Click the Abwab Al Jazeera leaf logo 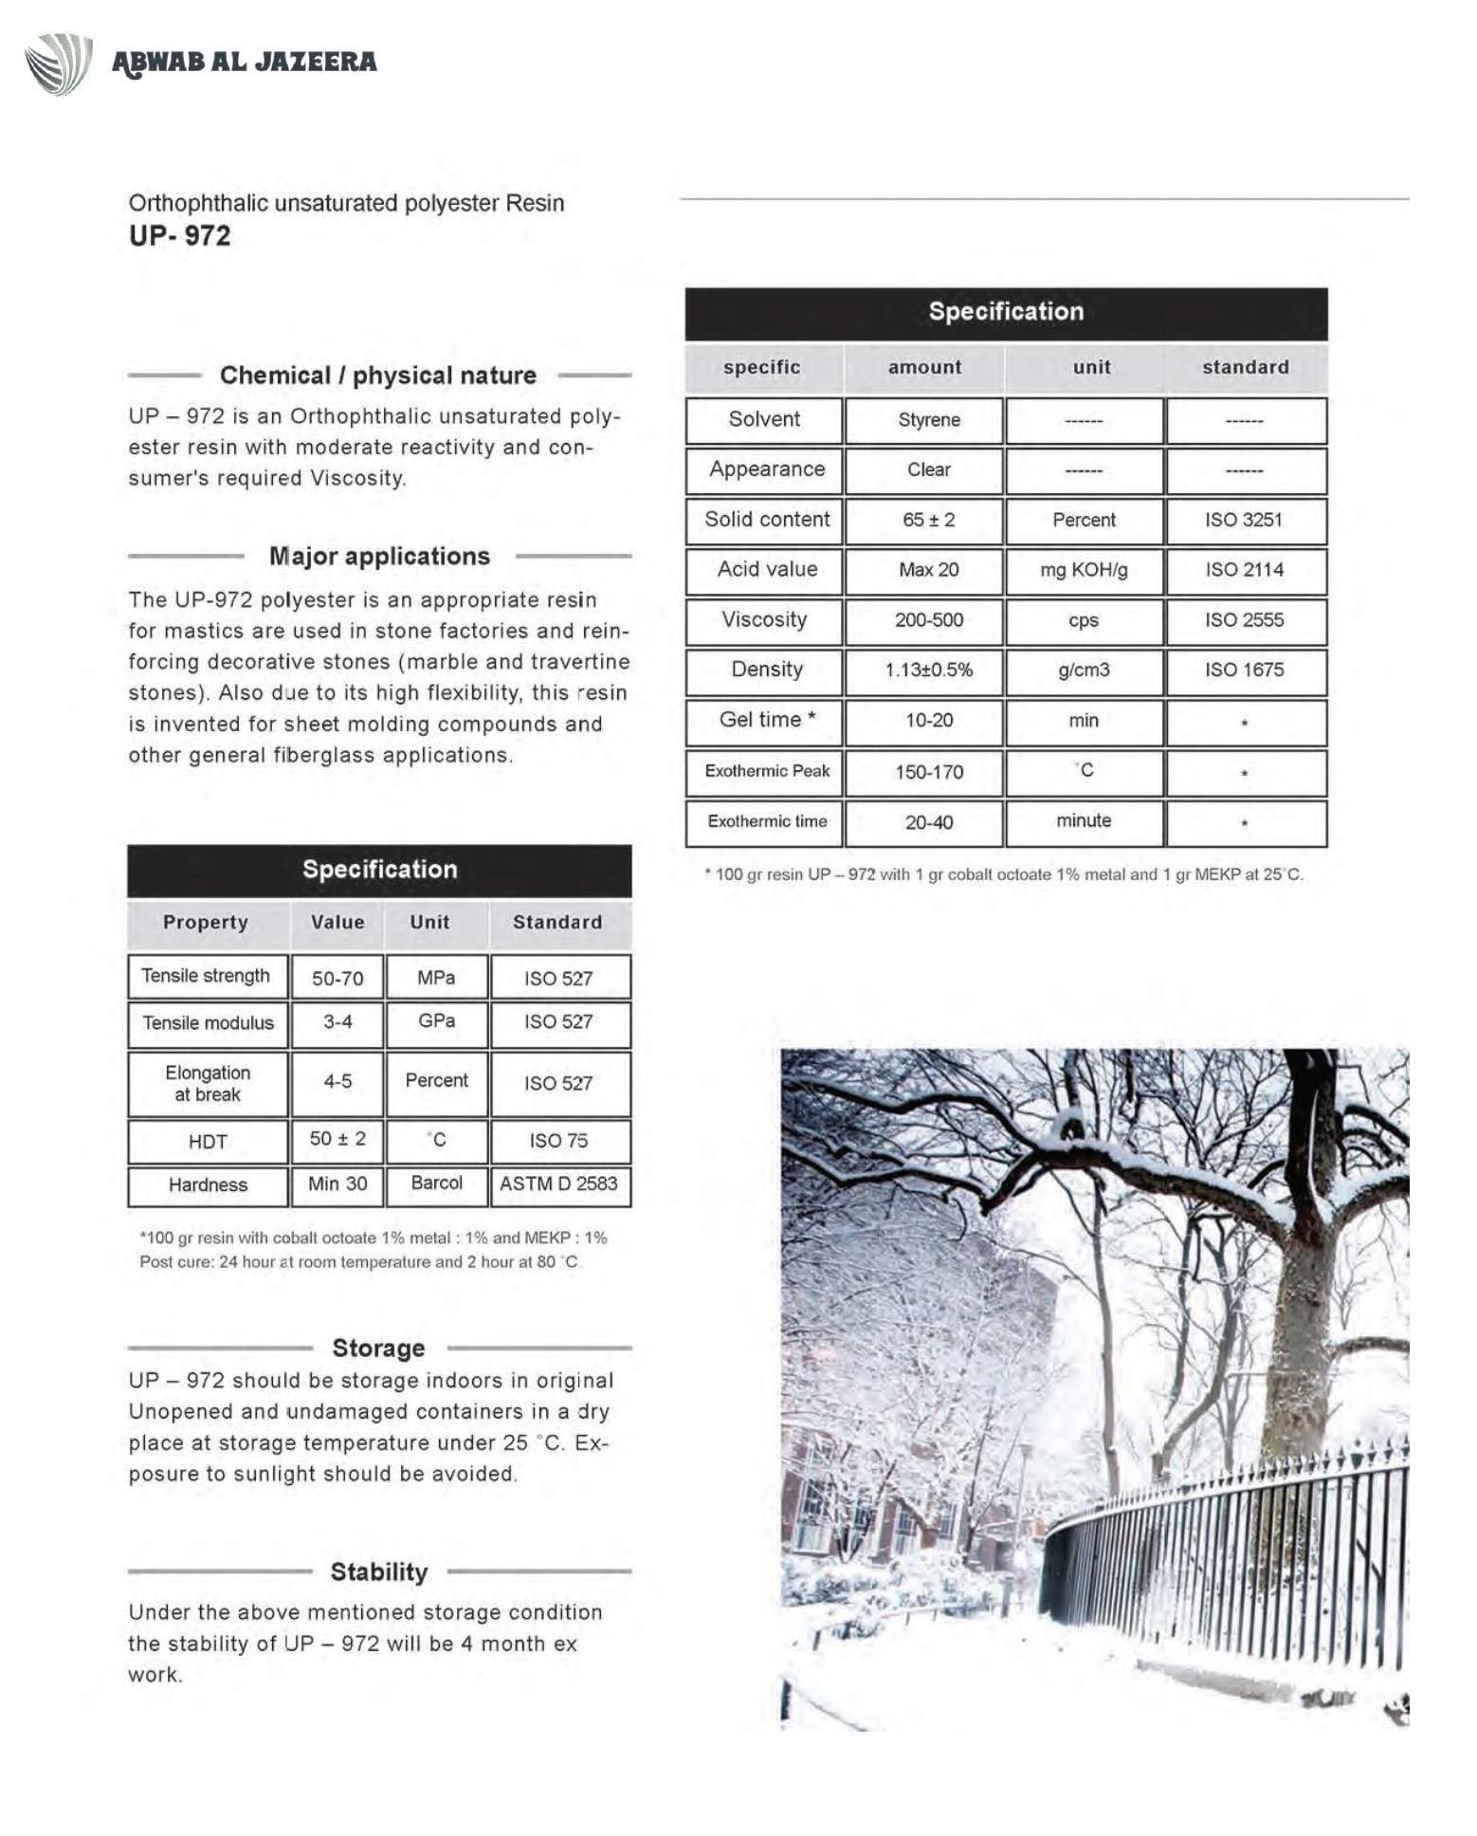[x=59, y=64]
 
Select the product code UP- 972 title [x=180, y=235]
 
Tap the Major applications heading [x=379, y=556]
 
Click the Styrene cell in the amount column [x=928, y=420]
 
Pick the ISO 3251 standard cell [x=1243, y=520]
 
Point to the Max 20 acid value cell [x=928, y=570]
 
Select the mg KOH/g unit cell [x=1084, y=570]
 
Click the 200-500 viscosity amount [x=928, y=620]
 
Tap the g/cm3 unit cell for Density [x=1084, y=670]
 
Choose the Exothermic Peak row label [x=766, y=771]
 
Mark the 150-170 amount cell [x=928, y=772]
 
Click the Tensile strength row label [x=206, y=976]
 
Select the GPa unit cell [x=436, y=1021]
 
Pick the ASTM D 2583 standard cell [x=558, y=1184]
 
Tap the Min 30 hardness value [x=337, y=1184]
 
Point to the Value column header [x=337, y=922]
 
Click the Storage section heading [x=378, y=1348]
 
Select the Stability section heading [x=378, y=1571]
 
